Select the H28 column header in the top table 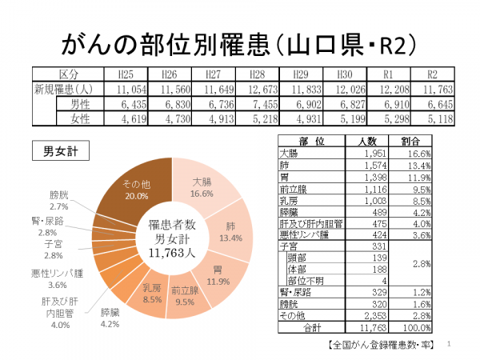coord(258,74)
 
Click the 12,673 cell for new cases coord(258,89)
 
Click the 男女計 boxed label coord(60,150)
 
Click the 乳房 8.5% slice coord(153,291)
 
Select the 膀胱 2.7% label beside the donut coord(58,200)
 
